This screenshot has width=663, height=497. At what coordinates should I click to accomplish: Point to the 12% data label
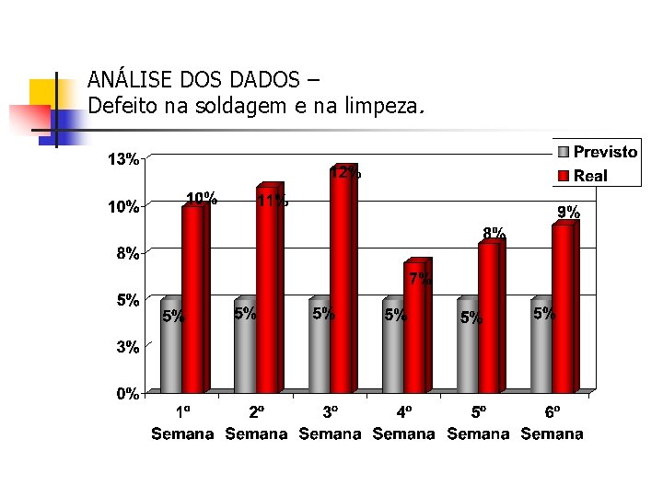coord(345,172)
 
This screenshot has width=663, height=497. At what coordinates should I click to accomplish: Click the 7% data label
coord(420,278)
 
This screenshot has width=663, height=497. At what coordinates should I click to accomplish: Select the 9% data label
coord(568,213)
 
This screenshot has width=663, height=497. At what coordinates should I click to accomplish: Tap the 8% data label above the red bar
coord(494,233)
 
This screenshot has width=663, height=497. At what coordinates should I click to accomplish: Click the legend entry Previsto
coord(605,153)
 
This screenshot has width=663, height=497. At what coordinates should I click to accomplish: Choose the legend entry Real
coord(590,175)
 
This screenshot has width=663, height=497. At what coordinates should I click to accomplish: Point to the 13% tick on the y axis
coord(124,159)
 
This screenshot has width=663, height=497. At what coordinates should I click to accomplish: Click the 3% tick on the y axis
coord(128,347)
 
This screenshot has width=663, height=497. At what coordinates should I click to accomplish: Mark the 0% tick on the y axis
coord(128,394)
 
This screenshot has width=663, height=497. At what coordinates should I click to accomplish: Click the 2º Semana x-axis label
coord(256,423)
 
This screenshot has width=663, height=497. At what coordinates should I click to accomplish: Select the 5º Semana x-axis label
coord(478,423)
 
